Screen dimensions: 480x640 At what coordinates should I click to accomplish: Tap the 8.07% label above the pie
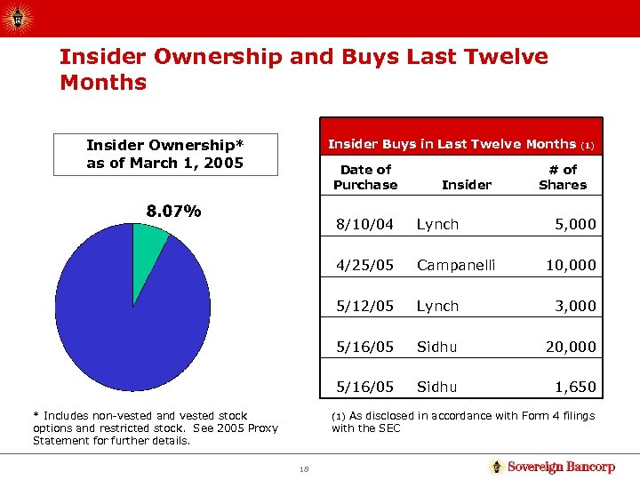[x=173, y=212]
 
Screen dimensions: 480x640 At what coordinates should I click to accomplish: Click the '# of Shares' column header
[x=563, y=177]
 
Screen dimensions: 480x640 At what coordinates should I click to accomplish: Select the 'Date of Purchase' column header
[x=365, y=177]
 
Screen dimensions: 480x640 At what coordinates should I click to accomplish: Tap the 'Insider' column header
[x=466, y=185]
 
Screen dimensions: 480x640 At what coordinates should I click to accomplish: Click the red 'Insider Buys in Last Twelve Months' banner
[x=460, y=144]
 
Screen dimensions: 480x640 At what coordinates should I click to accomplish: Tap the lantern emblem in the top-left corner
[x=19, y=17]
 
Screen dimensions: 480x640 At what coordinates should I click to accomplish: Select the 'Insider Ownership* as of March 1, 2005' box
[x=165, y=154]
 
